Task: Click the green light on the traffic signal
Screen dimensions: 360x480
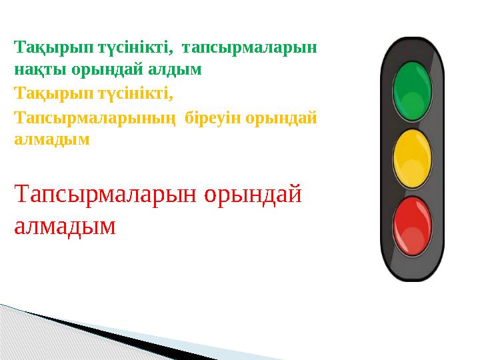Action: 413,91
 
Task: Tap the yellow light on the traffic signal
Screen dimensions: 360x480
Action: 413,159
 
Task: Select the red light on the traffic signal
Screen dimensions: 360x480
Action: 413,224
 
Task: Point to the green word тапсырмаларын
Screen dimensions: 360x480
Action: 249,49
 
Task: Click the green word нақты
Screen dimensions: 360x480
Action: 34,69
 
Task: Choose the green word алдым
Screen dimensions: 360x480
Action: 178,69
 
